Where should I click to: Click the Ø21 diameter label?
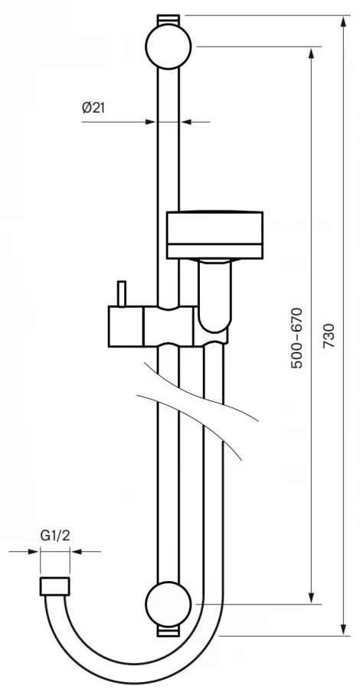tap(93, 107)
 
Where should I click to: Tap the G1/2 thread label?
tap(55, 536)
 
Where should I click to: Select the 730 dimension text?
tap(329, 336)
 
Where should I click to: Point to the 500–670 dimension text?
tap(297, 338)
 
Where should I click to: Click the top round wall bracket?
tap(169, 46)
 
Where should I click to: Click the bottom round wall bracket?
tap(169, 604)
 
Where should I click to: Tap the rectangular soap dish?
tap(215, 235)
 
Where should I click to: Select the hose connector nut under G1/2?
tap(55, 586)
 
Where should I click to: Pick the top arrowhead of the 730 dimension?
tap(343, 21)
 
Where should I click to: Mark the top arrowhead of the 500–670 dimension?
tap(312, 52)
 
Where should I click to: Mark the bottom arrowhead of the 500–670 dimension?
tap(312, 599)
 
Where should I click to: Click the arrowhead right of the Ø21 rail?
tap(186, 122)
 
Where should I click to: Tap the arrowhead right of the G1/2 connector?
tap(76, 551)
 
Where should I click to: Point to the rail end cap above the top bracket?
tap(169, 20)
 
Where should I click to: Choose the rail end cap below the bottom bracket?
tap(169, 631)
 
